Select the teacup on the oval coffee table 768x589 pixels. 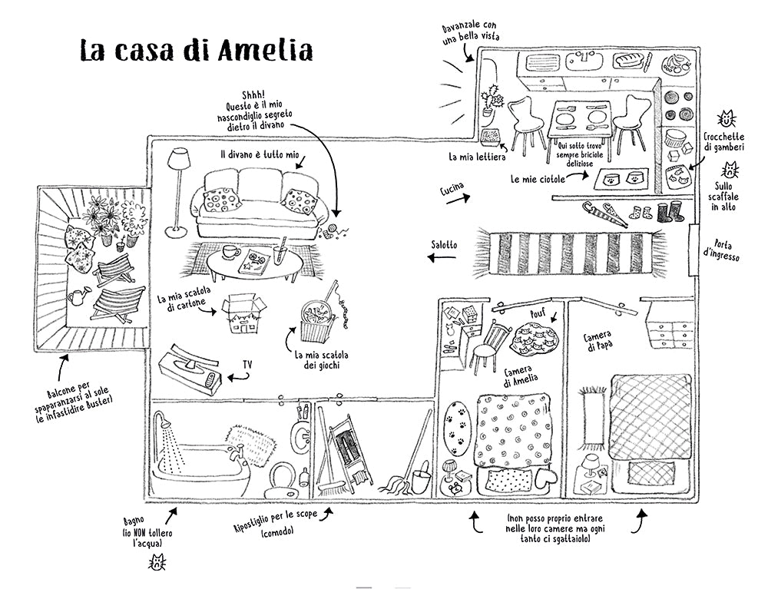point(230,252)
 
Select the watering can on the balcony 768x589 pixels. point(80,294)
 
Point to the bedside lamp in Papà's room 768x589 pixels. point(590,465)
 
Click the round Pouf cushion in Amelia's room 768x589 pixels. point(537,335)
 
